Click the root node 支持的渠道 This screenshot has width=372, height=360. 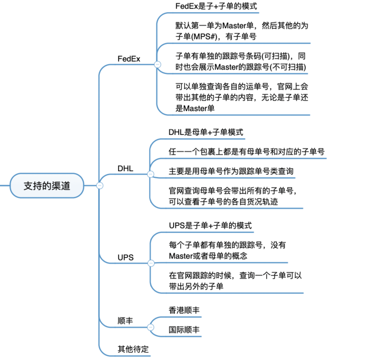pyautogui.click(x=47, y=185)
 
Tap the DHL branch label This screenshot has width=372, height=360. pyautogui.click(x=125, y=169)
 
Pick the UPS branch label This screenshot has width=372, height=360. pyautogui.click(x=125, y=257)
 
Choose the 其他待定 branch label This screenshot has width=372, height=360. pyautogui.click(x=133, y=349)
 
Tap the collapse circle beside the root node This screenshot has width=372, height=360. pyautogui.click(x=99, y=185)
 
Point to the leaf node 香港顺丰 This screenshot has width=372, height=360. pyautogui.click(x=184, y=310)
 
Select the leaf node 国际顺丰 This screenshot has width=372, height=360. pyautogui.click(x=184, y=330)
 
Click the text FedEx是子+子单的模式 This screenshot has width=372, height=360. pyautogui.click(x=216, y=6)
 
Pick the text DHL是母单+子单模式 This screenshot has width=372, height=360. pyautogui.click(x=206, y=132)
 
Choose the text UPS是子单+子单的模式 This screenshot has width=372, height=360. pyautogui.click(x=210, y=226)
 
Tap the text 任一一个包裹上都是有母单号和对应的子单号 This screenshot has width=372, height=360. pyautogui.click(x=246, y=152)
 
